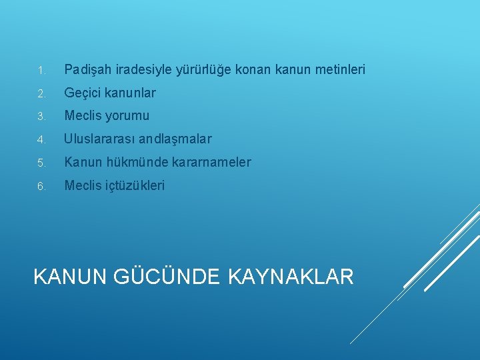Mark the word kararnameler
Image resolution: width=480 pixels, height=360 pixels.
point(213,162)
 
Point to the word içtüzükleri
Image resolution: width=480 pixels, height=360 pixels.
point(133,185)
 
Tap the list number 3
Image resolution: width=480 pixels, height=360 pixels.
point(41,117)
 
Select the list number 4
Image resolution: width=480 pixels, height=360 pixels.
point(41,140)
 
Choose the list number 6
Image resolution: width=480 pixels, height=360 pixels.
point(41,186)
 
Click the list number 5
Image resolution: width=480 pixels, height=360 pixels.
point(41,163)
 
